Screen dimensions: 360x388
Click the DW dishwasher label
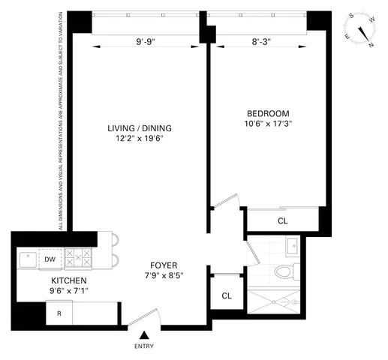[x=50, y=259]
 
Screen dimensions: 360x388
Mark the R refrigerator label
[x=58, y=313]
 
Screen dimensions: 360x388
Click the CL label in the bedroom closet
[x=282, y=221]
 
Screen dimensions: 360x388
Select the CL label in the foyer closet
[x=227, y=296]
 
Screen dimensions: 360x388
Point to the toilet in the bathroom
[x=284, y=271]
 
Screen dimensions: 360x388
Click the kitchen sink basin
[x=29, y=259]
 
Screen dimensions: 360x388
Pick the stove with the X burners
[x=78, y=259]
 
